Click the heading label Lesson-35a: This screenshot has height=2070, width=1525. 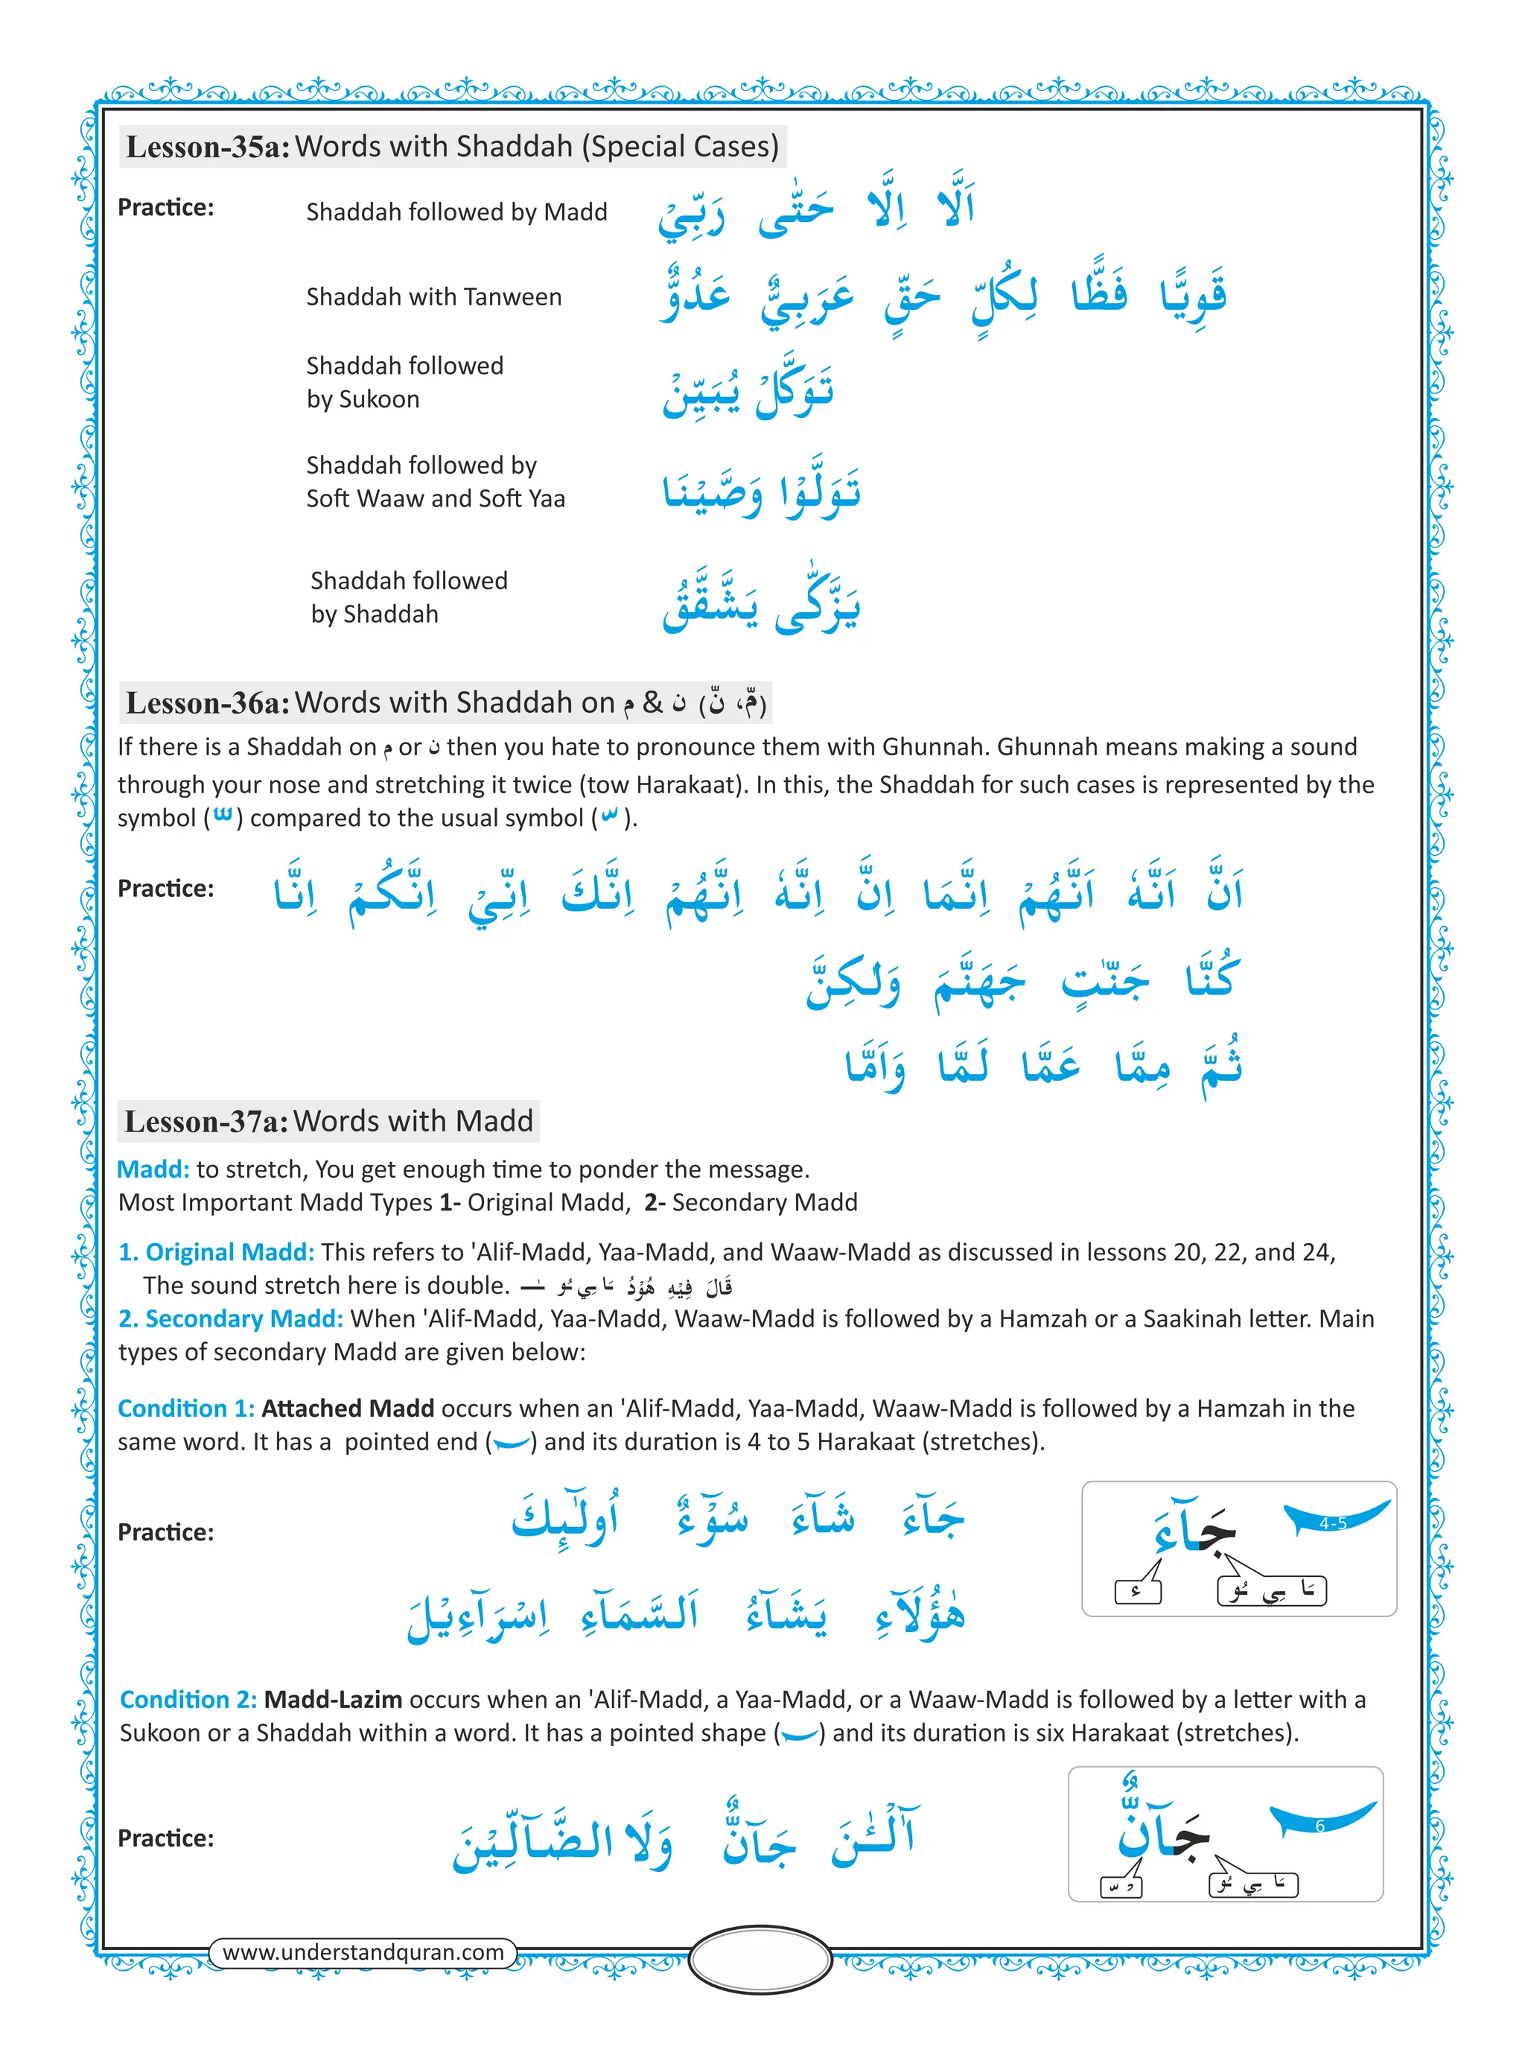(208, 147)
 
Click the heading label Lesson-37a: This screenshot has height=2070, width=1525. (207, 1121)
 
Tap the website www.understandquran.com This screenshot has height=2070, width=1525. (363, 1952)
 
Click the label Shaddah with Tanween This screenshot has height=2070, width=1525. (434, 297)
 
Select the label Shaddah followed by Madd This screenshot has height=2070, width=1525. (456, 212)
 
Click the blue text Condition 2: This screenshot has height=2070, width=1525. (188, 1699)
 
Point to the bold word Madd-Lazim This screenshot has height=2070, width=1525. (332, 1699)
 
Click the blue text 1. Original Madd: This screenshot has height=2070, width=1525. (216, 1252)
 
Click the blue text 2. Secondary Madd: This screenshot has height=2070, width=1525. (230, 1318)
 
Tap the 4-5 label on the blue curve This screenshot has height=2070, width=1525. (1332, 1523)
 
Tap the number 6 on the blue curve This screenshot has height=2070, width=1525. (1319, 1826)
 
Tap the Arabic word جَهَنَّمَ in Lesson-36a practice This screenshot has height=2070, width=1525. (978, 980)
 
